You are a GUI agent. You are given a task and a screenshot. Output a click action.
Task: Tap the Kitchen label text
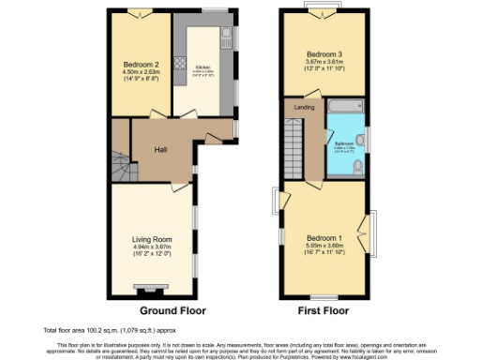click(x=202, y=67)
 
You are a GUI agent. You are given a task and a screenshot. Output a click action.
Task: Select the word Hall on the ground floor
click(x=161, y=147)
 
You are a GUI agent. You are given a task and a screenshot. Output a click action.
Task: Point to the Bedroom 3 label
click(x=326, y=53)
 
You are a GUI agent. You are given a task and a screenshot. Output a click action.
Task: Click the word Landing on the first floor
click(x=303, y=108)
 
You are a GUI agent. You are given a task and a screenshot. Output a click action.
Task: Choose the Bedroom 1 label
click(x=326, y=238)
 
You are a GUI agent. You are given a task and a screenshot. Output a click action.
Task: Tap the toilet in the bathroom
click(x=359, y=169)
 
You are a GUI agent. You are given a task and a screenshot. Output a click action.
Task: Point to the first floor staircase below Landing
click(x=296, y=150)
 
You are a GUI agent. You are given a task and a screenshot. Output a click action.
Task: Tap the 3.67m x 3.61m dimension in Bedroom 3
click(x=326, y=61)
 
